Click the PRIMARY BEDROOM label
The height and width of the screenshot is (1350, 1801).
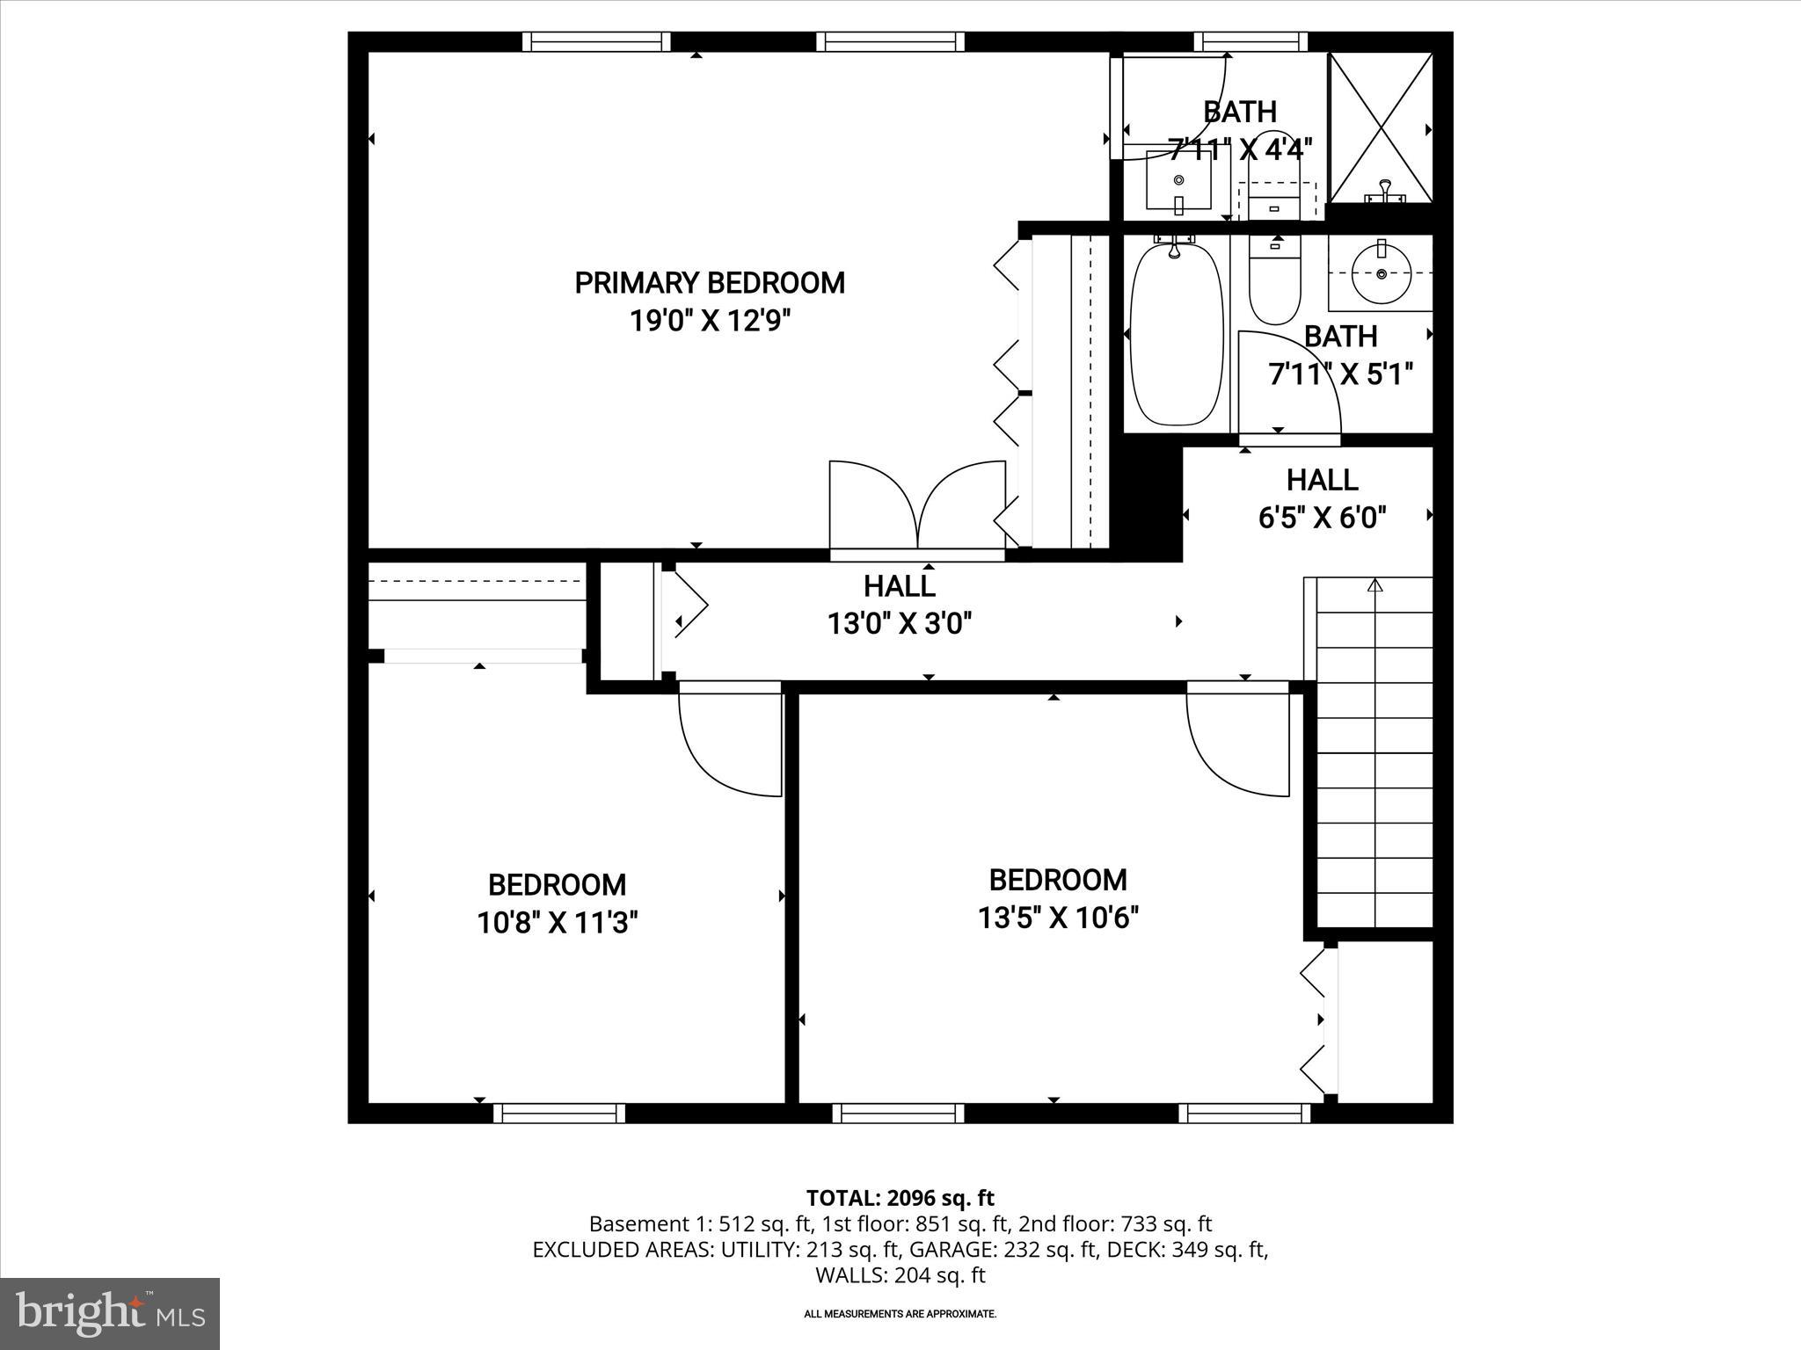tap(709, 283)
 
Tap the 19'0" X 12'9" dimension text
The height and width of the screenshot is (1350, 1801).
tap(709, 321)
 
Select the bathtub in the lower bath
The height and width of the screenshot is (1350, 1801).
tap(1176, 334)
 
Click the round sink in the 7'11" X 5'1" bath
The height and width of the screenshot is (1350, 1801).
tap(1381, 274)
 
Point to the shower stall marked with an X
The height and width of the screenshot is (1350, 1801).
tap(1380, 128)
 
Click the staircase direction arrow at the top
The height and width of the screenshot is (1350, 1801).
tap(1375, 585)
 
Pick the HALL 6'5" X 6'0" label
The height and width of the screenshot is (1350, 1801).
tap(1322, 498)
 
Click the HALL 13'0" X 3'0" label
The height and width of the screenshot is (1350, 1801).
tap(899, 605)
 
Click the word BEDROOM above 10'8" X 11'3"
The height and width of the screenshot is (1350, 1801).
tap(557, 884)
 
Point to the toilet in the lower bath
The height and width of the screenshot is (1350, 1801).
tap(1274, 281)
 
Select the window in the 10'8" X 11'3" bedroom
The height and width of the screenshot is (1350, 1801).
tap(559, 1114)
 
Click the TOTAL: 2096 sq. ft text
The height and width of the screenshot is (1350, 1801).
tap(900, 1198)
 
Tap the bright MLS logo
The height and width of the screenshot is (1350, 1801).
tap(110, 1314)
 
